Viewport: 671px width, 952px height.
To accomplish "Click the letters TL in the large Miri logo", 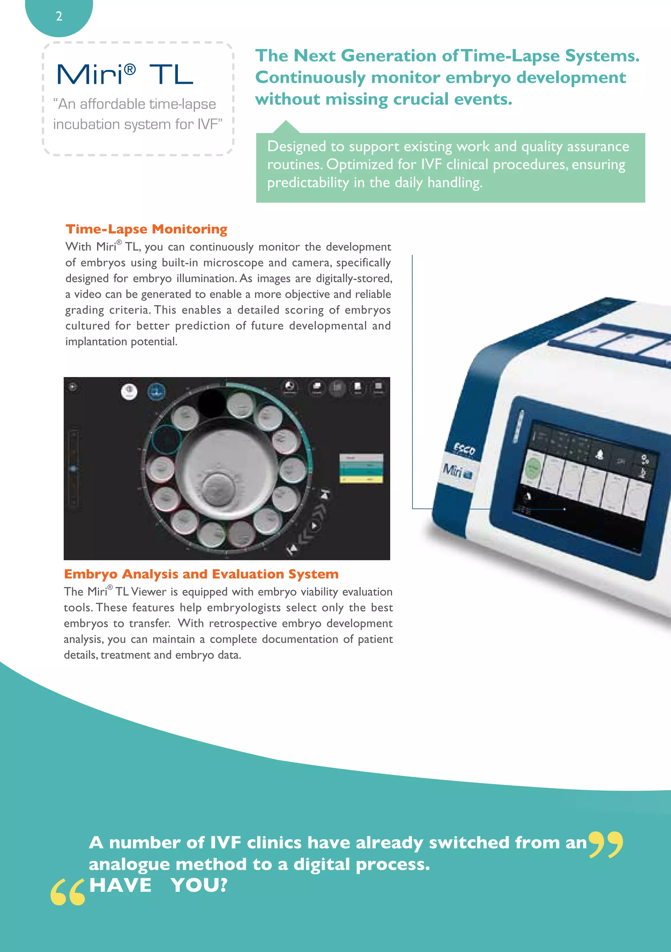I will click(x=171, y=75).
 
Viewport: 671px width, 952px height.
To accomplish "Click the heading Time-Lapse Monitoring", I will click(x=146, y=229).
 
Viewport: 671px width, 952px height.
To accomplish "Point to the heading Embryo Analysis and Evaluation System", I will click(x=201, y=574).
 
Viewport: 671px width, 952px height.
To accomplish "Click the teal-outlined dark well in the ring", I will click(x=167, y=439).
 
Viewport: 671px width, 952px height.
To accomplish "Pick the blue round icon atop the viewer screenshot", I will click(x=156, y=391).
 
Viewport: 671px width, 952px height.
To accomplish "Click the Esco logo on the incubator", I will click(x=465, y=449).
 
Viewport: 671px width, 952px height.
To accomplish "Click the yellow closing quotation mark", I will click(x=605, y=844).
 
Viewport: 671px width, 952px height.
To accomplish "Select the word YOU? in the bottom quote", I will click(x=200, y=885).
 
